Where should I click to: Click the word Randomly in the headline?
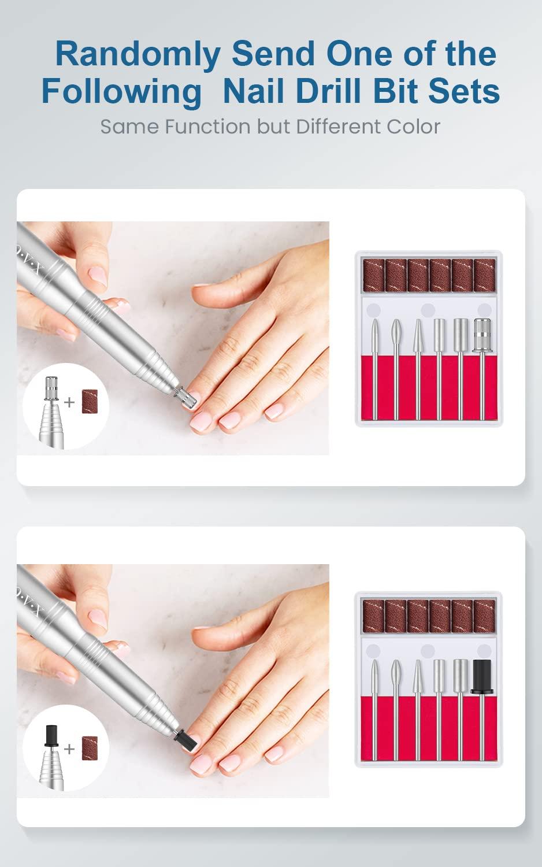[x=138, y=54]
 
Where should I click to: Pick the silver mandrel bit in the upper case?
[x=481, y=335]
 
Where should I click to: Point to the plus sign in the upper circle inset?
[x=70, y=402]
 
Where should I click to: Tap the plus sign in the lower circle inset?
[x=70, y=749]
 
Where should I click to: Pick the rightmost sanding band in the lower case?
[x=484, y=616]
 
